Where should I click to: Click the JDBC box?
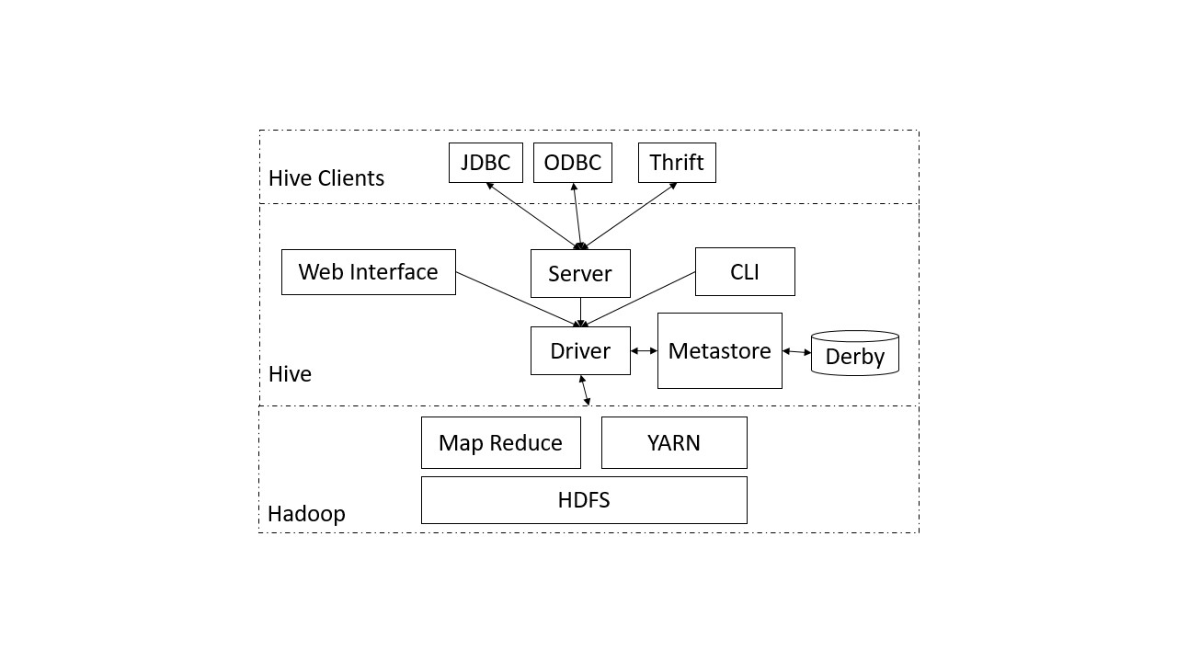(486, 163)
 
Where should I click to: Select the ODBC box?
(572, 163)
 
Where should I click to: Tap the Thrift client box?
(677, 163)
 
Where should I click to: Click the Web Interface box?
(368, 272)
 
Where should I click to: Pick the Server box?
(580, 273)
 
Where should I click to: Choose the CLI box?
(745, 271)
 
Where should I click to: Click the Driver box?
(580, 350)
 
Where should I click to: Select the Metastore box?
(719, 350)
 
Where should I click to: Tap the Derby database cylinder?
(854, 354)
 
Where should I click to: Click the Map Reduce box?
(500, 442)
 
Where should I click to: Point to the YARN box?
(674, 442)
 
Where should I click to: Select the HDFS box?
(584, 500)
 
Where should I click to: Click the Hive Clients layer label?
(326, 177)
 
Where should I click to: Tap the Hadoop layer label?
(306, 513)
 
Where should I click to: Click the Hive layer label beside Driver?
(290, 373)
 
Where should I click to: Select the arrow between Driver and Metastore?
(644, 350)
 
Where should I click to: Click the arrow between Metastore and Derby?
(796, 351)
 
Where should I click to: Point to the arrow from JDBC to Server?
(533, 215)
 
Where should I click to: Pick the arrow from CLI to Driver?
(640, 298)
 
